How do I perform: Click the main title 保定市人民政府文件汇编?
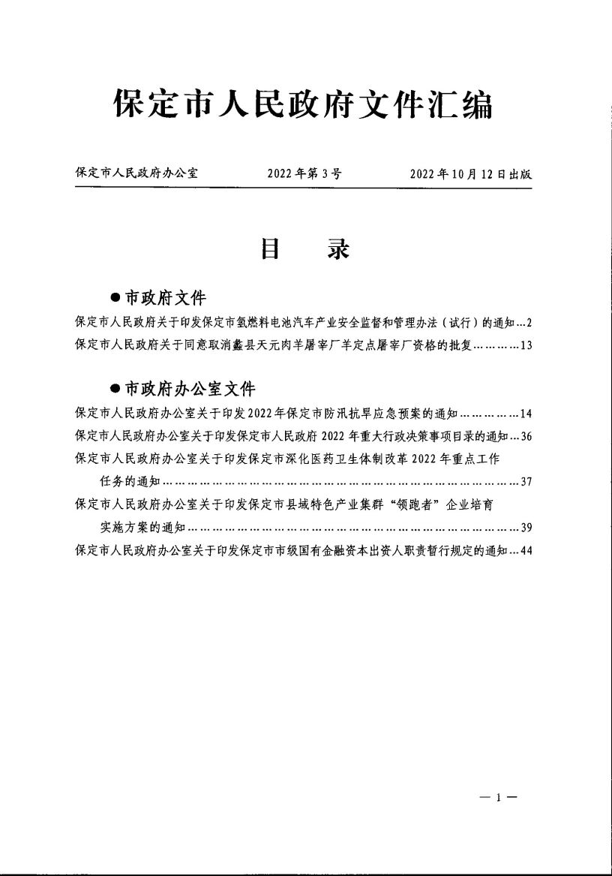[x=303, y=105]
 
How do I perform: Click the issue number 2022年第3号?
[x=304, y=174]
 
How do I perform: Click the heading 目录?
[x=304, y=249]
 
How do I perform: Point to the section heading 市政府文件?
[x=165, y=298]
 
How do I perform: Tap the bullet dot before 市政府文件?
[x=115, y=299]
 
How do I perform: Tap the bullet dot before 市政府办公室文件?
[x=115, y=389]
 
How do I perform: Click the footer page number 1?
[x=496, y=799]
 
